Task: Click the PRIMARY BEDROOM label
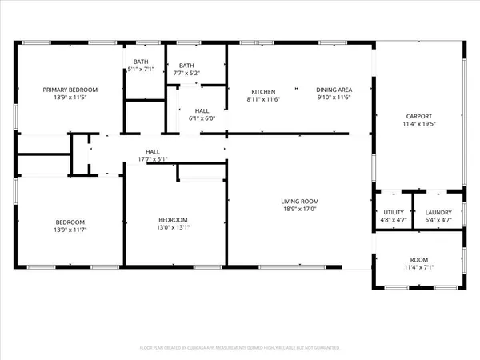[x=70, y=90]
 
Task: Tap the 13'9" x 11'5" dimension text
[x=70, y=98]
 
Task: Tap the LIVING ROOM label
[x=299, y=201]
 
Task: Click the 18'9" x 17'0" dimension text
[x=299, y=209]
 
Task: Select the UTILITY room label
[x=393, y=211]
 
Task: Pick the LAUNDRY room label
[x=438, y=211]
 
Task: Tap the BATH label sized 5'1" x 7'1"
[x=141, y=62]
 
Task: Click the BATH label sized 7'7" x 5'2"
[x=186, y=66]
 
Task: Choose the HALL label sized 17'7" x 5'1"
[x=152, y=150]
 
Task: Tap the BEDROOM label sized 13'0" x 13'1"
[x=173, y=220]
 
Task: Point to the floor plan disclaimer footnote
[x=240, y=348]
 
